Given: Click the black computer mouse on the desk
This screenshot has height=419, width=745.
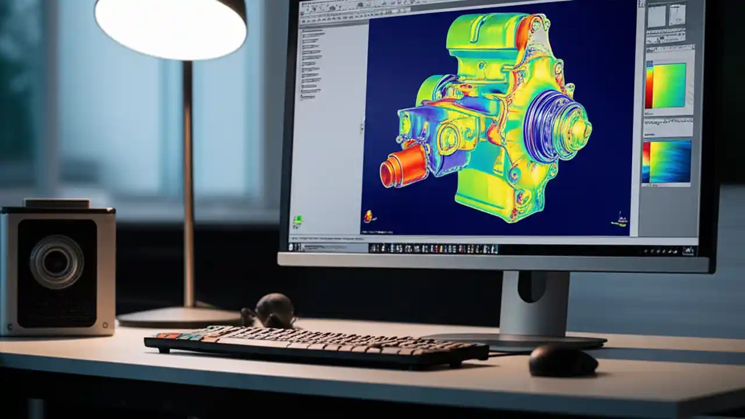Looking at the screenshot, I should point(563,361).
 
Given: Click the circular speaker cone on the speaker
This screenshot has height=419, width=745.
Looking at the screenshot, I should point(56,262).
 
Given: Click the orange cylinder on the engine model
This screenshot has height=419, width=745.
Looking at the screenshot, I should point(403,165).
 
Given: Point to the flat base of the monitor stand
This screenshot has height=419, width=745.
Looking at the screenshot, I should point(524,340).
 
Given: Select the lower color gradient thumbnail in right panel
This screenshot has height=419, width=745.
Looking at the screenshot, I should point(666,161).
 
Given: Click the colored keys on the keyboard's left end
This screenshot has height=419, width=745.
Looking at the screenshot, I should point(175,336).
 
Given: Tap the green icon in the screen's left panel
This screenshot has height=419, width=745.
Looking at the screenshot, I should point(298,220).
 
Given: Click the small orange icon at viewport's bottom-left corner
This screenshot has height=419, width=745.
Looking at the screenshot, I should point(368,216).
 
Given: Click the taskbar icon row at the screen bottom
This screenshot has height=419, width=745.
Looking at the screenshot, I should point(434,248).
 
